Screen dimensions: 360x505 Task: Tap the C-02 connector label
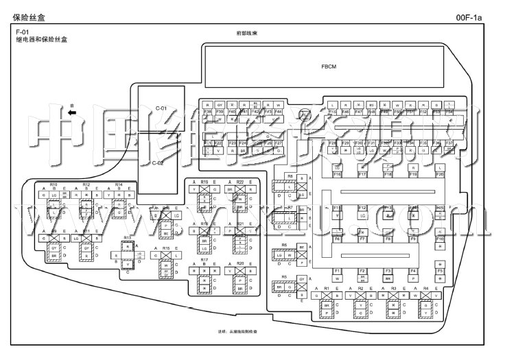[158, 163]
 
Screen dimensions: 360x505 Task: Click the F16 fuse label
[337, 175]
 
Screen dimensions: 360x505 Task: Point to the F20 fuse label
[440, 175]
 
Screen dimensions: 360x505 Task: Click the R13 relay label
[127, 237]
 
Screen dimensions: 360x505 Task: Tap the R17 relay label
[204, 261]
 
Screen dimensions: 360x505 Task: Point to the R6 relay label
[283, 244]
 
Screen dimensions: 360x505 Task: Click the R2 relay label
[360, 289]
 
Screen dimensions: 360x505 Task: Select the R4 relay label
[425, 289]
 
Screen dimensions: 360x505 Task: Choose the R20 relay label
[240, 263]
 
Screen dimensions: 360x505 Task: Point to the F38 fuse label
[207, 111]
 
